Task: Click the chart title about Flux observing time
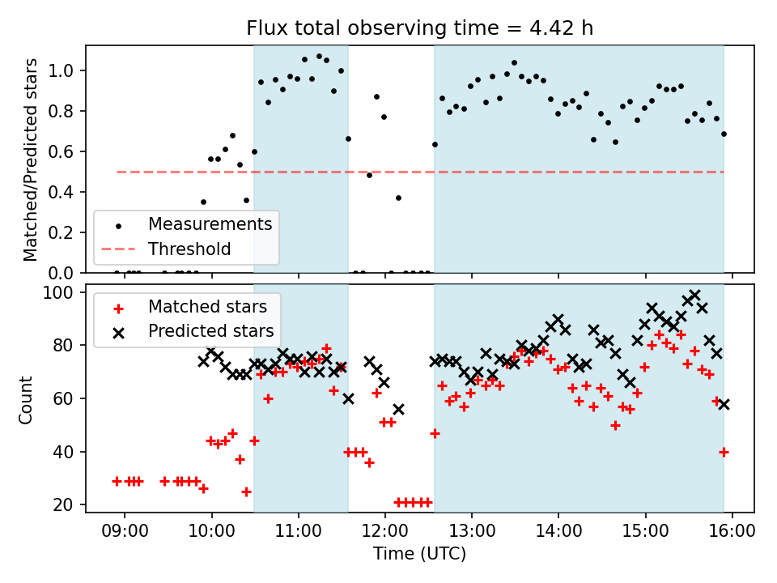coord(420,28)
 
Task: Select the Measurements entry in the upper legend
coord(210,223)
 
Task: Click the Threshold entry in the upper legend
coord(189,249)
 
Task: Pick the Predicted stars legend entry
coord(210,331)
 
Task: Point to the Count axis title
coord(26,398)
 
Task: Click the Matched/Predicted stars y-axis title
coord(31,160)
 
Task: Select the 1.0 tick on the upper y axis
coord(65,71)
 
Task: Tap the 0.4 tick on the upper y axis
coord(65,192)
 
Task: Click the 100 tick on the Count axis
coord(62,292)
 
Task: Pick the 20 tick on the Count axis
coord(66,504)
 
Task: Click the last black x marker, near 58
coord(724,404)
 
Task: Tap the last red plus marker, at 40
coord(724,452)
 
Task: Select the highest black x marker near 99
coord(694,295)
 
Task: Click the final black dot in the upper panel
coord(724,134)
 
